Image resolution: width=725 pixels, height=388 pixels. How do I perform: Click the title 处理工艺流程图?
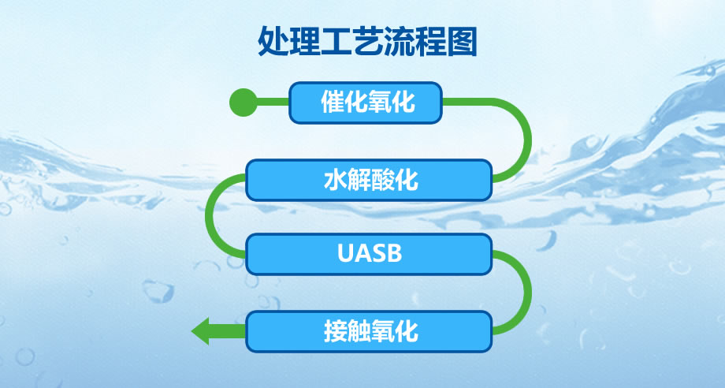click(367, 42)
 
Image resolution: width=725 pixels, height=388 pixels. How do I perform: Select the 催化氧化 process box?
click(366, 103)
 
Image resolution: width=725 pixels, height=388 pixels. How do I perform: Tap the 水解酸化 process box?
click(369, 180)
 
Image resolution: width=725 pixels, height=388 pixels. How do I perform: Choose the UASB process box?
click(369, 254)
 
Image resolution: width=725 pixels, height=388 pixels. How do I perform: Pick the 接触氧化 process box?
click(369, 331)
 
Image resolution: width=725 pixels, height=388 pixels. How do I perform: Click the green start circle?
click(243, 103)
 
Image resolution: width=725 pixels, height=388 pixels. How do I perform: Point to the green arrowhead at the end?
click(200, 331)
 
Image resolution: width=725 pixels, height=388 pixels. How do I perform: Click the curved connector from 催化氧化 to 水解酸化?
click(528, 139)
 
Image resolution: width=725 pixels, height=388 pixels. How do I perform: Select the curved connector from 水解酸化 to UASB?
click(209, 215)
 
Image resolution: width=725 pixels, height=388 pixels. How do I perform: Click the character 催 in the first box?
click(333, 103)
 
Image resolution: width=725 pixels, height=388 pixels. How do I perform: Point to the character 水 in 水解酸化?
click(335, 180)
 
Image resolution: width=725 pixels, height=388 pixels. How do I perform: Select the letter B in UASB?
click(394, 253)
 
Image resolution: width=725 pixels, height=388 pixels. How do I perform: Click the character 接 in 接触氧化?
click(335, 331)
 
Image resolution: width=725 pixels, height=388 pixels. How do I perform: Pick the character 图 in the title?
click(462, 42)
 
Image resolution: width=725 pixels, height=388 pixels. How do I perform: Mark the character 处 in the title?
click(273, 42)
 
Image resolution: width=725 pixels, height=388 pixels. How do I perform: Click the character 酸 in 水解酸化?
click(382, 180)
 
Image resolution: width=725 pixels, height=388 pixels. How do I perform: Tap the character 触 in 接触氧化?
click(359, 331)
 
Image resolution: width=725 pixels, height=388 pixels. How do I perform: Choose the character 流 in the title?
click(399, 42)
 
